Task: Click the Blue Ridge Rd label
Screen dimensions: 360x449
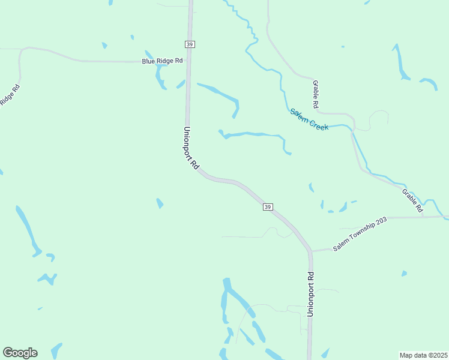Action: (x=162, y=61)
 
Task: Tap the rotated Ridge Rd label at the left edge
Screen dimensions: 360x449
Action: (x=9, y=95)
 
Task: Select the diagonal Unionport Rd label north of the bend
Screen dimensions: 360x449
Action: (x=191, y=149)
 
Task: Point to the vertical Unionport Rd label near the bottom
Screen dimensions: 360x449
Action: (x=310, y=294)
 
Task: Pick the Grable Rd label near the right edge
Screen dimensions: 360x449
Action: (x=413, y=201)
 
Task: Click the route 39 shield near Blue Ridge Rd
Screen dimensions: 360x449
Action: (x=190, y=44)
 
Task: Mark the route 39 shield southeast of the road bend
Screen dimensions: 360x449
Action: (x=268, y=207)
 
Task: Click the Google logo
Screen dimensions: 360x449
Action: (x=20, y=353)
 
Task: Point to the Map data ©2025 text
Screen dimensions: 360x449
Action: (x=423, y=355)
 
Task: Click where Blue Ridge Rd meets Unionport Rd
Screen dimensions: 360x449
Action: (x=188, y=61)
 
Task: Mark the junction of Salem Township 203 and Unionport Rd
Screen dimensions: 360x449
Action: (x=310, y=250)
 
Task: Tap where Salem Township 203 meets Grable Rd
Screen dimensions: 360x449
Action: (x=424, y=217)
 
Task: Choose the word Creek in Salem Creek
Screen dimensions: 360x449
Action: (x=319, y=124)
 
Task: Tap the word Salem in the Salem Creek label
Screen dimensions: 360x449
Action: (x=299, y=115)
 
